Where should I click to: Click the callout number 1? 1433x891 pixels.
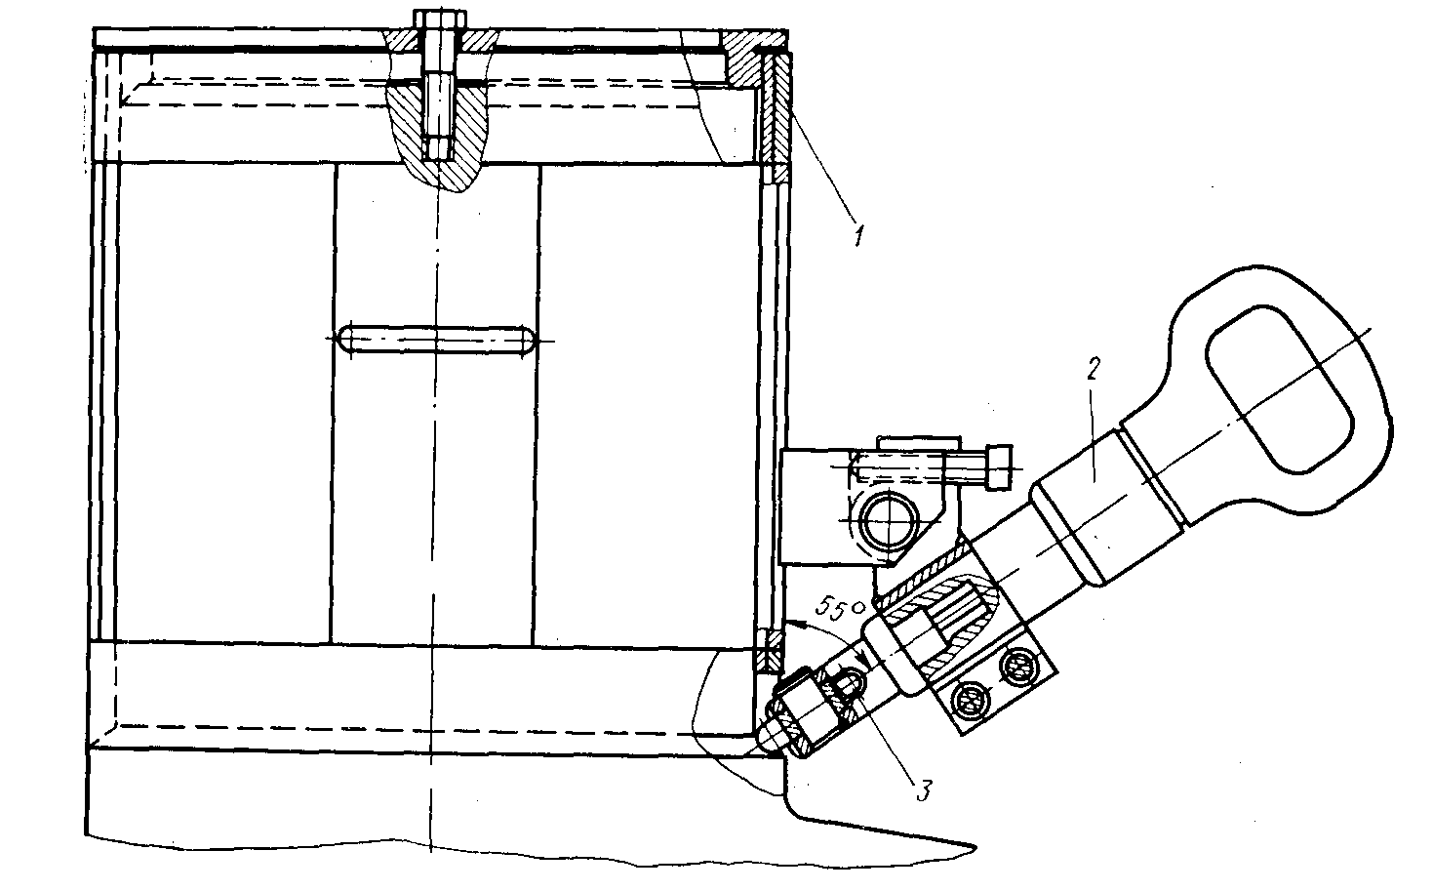[857, 235]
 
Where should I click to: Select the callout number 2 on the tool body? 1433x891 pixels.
[1095, 370]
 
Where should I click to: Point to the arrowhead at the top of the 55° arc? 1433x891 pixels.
[791, 625]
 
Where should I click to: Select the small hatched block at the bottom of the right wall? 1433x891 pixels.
[767, 651]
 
